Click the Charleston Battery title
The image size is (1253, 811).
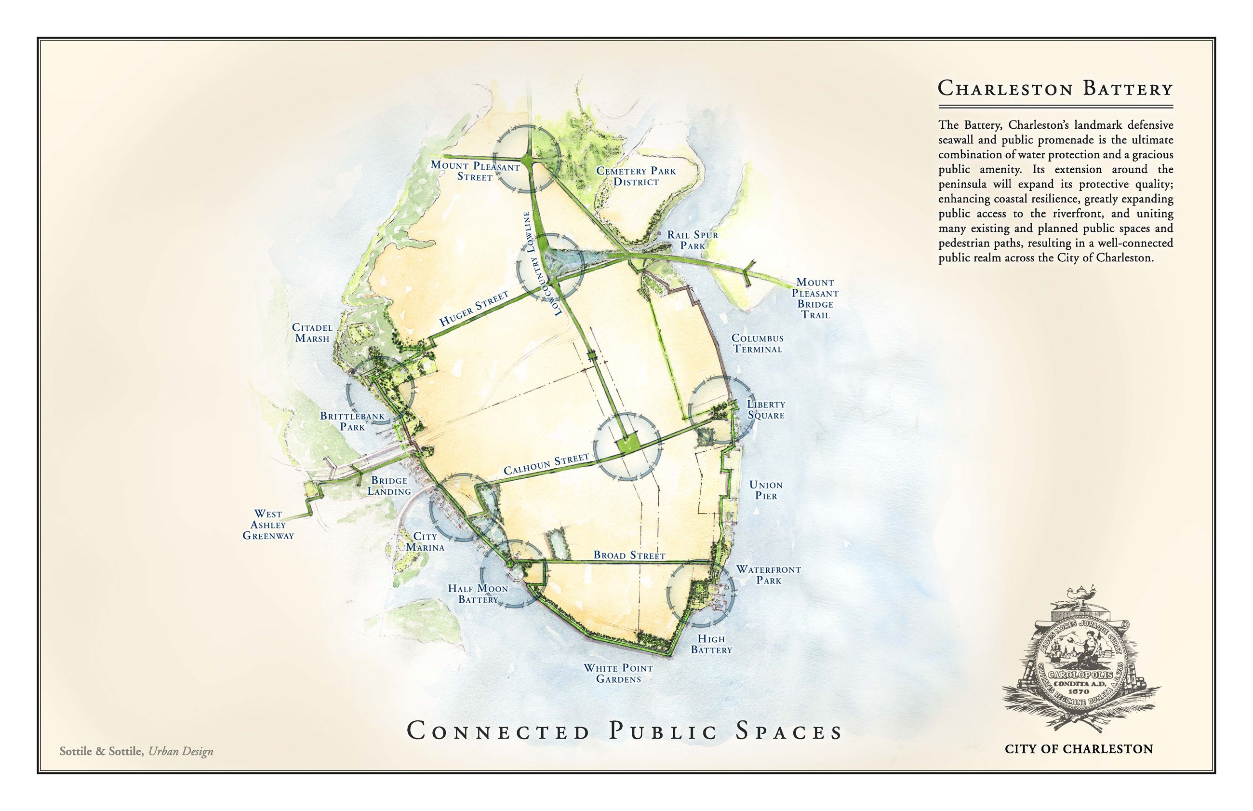1055,88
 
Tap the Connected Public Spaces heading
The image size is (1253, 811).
625,731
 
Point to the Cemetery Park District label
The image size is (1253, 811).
636,176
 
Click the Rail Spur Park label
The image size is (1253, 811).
692,240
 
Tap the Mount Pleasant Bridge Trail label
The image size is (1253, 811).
815,298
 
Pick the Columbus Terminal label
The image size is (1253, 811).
757,343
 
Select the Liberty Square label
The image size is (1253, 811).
766,410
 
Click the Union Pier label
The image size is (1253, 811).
766,490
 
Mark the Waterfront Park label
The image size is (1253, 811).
768,575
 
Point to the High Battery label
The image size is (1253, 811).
711,645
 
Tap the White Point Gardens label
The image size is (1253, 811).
618,674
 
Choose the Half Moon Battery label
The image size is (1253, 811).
478,594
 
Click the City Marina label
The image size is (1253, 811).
425,542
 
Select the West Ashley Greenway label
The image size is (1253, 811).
268,525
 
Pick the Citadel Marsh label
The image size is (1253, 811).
312,333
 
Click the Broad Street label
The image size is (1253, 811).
629,555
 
